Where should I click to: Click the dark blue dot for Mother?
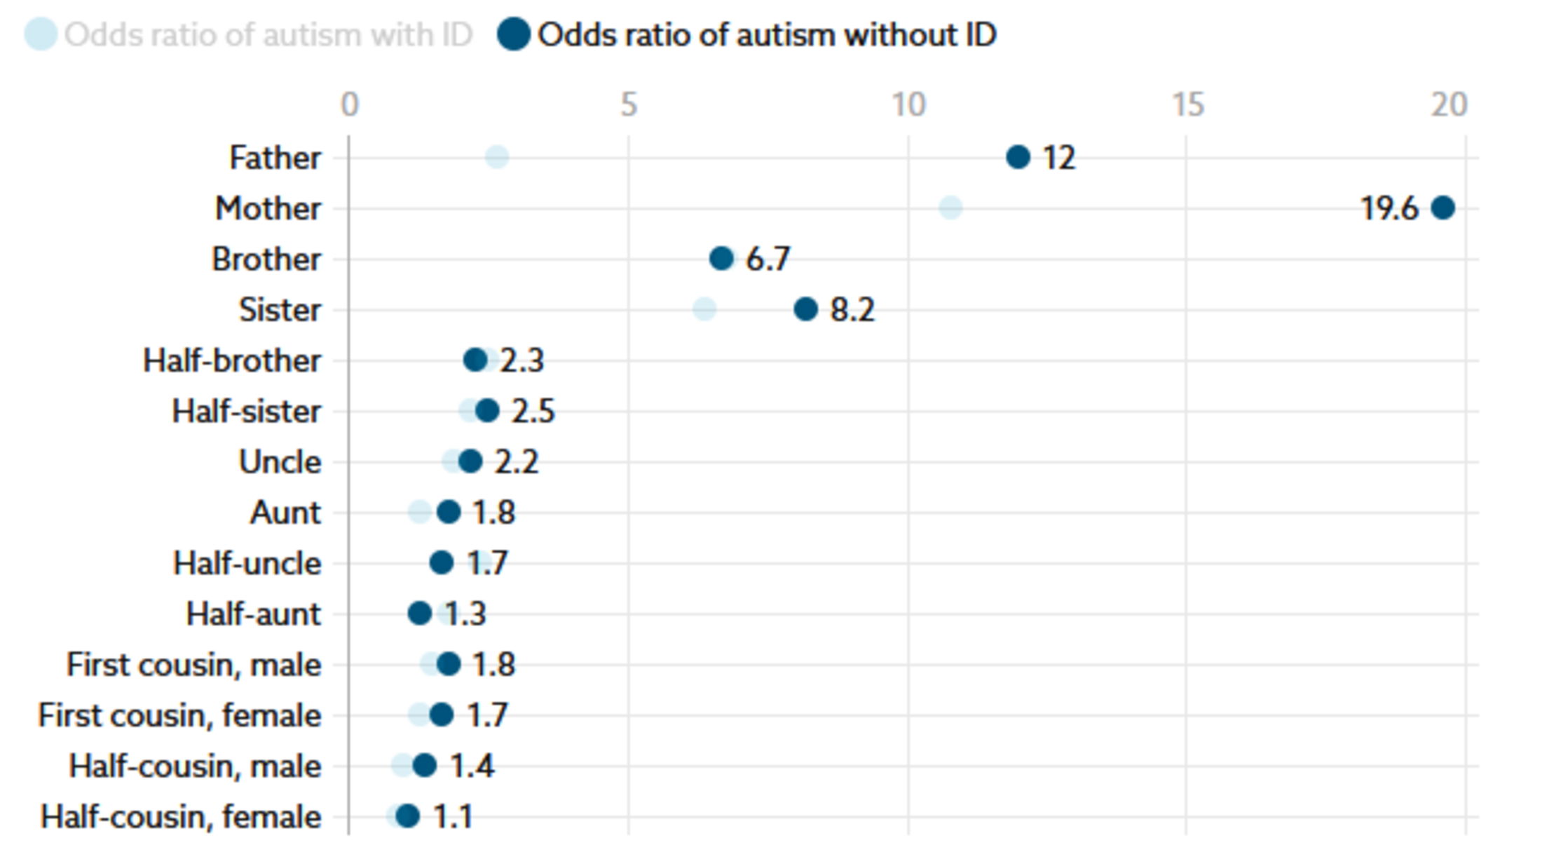coord(1442,208)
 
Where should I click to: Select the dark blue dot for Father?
coord(1018,157)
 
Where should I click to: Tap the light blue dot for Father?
coord(497,157)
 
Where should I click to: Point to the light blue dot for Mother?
coord(950,208)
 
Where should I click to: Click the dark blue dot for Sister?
coord(805,309)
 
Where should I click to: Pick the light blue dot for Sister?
coord(704,309)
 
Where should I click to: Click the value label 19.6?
coord(1389,208)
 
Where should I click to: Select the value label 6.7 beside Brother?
coord(768,259)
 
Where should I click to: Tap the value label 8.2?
coord(852,309)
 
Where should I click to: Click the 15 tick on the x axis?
coord(1188,105)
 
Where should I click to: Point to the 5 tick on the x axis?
coord(629,105)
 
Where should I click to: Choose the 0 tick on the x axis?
coord(350,105)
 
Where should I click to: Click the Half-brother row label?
coord(232,360)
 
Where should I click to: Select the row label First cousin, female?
coord(179,715)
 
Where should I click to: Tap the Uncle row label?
coord(280,462)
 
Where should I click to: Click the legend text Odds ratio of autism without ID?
coord(767,35)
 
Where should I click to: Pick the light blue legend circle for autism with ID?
coord(41,34)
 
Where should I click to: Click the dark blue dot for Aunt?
coord(449,512)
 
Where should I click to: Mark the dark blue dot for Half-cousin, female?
coord(407,816)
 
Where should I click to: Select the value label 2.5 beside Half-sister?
coord(533,411)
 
